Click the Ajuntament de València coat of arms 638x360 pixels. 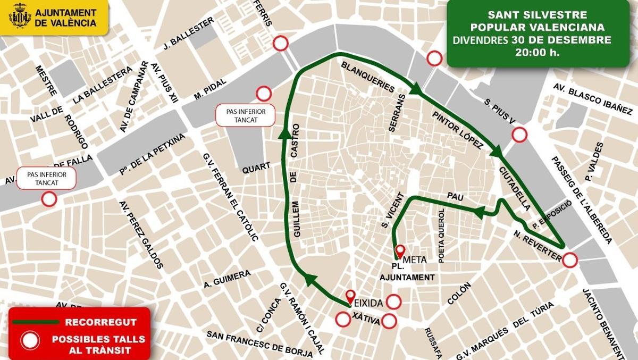point(20,16)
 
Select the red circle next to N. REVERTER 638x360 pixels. point(570,260)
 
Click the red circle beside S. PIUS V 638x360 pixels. point(519,135)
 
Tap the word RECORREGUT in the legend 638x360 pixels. point(100,322)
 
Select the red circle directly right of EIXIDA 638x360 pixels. point(393,302)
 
